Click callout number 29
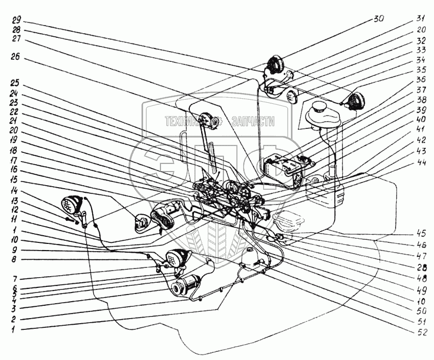[x=17, y=21]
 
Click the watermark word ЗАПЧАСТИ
[x=253, y=121]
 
